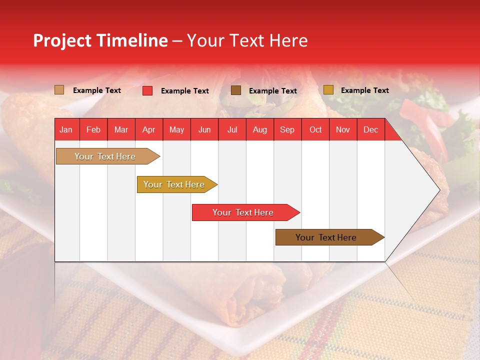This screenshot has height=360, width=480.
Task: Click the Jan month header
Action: (66, 129)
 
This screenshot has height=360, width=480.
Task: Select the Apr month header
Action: (148, 129)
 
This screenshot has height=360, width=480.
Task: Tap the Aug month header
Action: (259, 129)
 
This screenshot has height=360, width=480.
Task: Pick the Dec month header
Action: (370, 129)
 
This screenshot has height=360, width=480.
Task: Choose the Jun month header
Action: (204, 129)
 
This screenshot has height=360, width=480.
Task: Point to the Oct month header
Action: (315, 129)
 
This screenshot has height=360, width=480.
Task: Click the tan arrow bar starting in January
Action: (105, 156)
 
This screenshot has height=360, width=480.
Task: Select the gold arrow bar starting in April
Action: (174, 184)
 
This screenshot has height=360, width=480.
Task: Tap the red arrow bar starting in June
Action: (243, 212)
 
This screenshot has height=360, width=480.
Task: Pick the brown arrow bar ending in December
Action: (326, 237)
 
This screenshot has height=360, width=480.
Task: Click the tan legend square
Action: (59, 90)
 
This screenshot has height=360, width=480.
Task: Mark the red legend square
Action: (147, 90)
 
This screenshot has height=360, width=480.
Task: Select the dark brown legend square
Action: (236, 90)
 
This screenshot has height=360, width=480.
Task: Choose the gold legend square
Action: (328, 89)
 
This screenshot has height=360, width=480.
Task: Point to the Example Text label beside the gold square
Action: (364, 90)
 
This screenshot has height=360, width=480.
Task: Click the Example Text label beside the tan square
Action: (96, 90)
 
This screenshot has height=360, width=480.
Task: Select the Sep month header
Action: (287, 129)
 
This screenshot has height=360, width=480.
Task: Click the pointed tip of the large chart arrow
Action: (439, 189)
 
